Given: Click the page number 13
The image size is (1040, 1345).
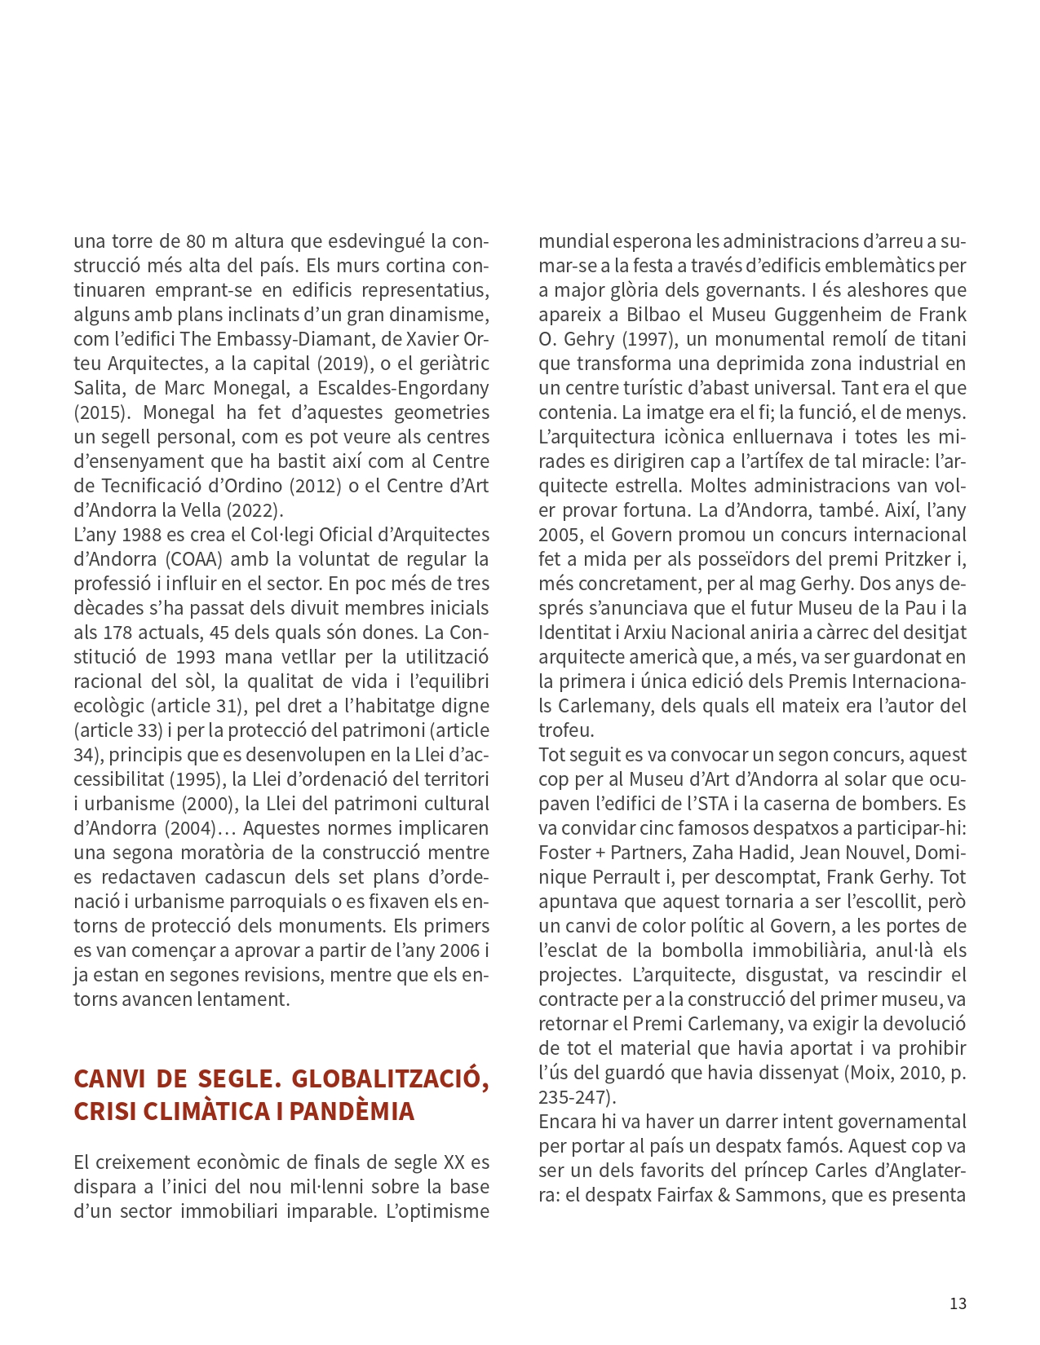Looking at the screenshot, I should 958,1303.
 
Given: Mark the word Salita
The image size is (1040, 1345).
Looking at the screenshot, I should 98,389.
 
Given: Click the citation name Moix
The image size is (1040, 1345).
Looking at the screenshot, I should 866,1074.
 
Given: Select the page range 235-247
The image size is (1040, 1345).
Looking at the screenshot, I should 574,1098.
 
